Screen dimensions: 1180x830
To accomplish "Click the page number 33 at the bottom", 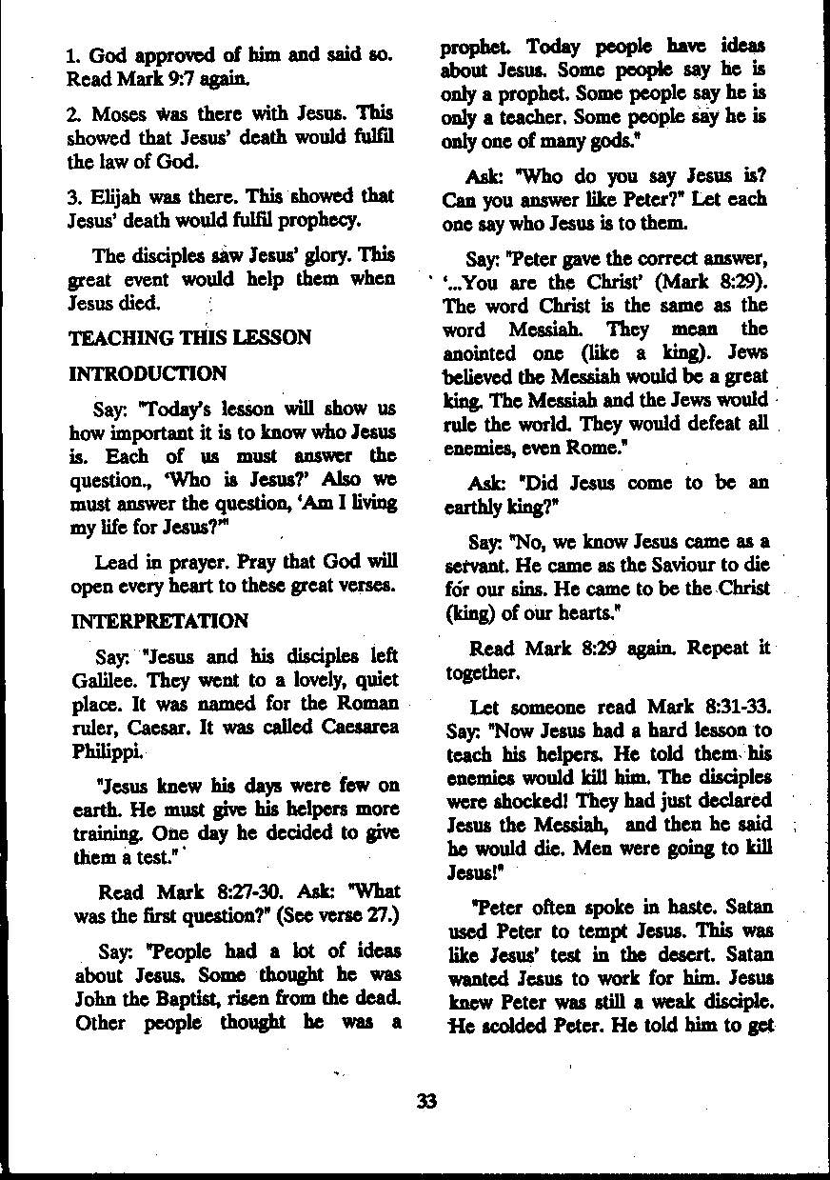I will click(425, 1103).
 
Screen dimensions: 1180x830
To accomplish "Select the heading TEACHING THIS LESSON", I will click(190, 337).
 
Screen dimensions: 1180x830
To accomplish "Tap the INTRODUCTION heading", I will click(148, 373).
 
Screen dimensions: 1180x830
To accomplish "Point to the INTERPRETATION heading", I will click(159, 621).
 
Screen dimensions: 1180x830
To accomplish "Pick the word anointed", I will click(484, 353).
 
